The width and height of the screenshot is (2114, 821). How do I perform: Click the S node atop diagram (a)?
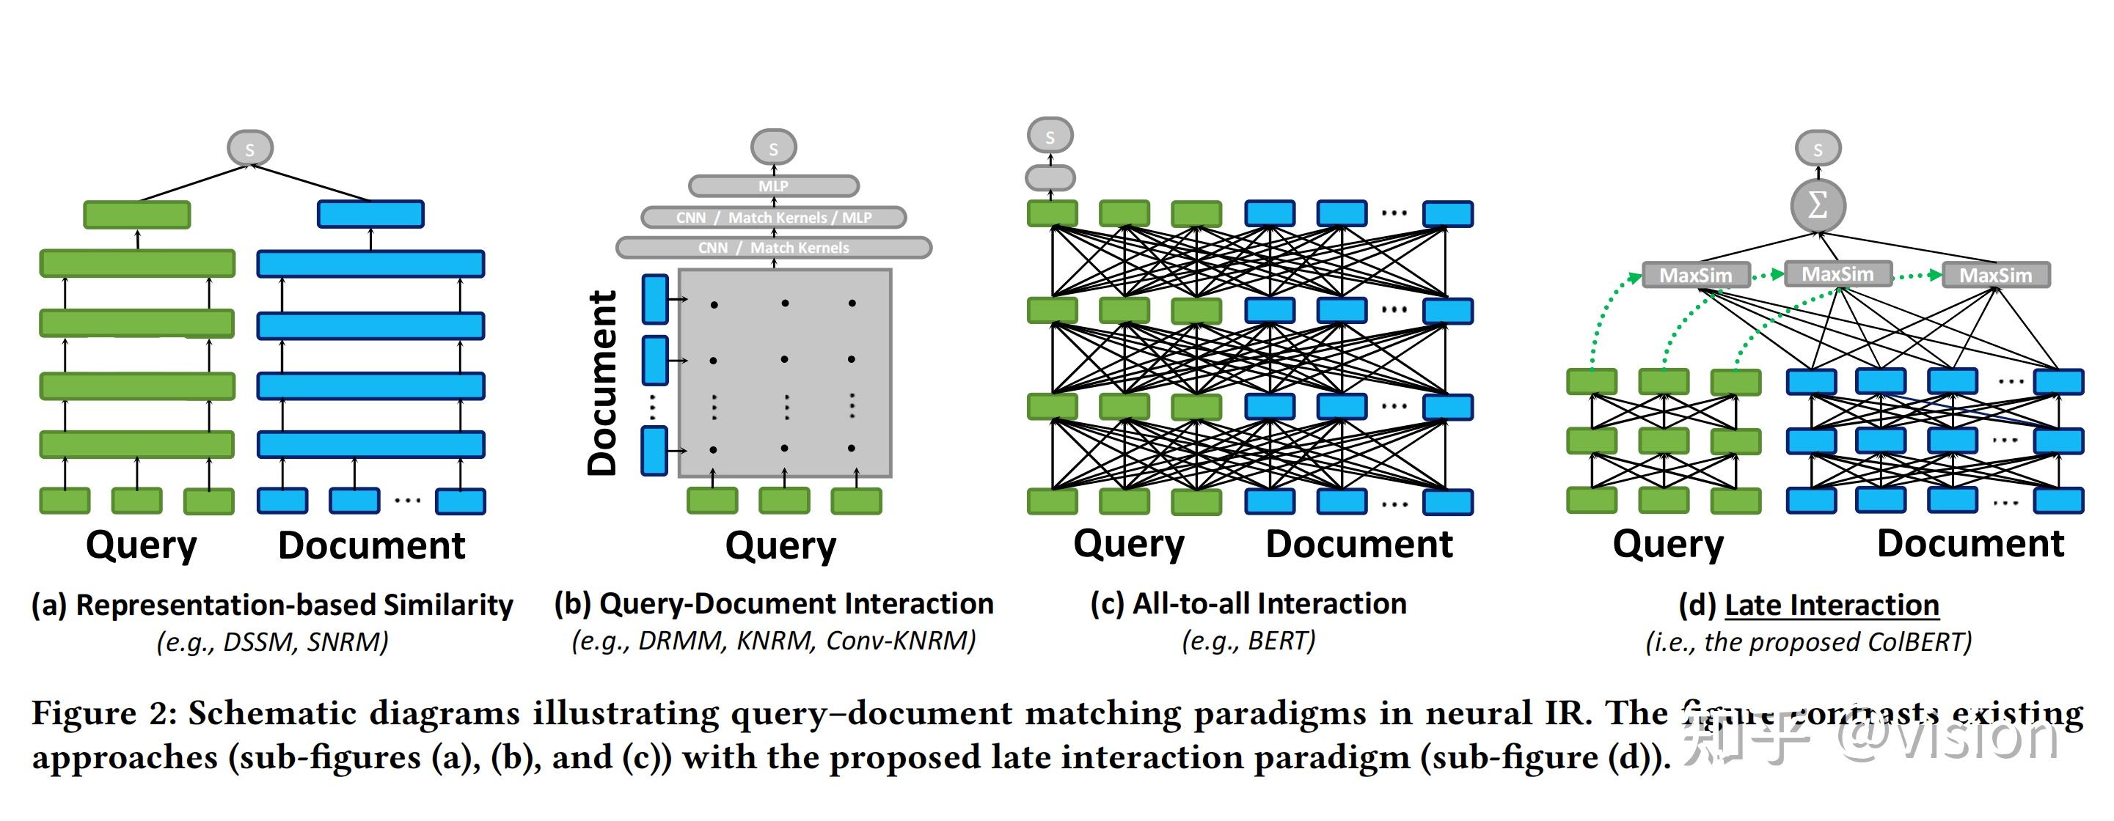pyautogui.click(x=249, y=149)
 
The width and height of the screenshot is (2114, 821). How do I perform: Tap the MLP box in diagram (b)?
pyautogui.click(x=773, y=186)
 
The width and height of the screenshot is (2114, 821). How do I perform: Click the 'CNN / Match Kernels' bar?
pyautogui.click(x=773, y=248)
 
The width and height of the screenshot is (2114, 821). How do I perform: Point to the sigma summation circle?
pyautogui.click(x=1818, y=205)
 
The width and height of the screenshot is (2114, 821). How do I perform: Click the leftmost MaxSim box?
pyautogui.click(x=1695, y=275)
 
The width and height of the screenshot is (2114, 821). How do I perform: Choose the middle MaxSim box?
pyautogui.click(x=1837, y=273)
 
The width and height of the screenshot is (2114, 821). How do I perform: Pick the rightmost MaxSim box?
pyautogui.click(x=1996, y=275)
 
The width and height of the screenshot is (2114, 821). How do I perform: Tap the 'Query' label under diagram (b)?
pyautogui.click(x=780, y=545)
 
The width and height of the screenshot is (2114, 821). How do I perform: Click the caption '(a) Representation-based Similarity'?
pyautogui.click(x=271, y=605)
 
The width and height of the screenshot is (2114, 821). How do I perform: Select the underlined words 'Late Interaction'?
pyautogui.click(x=1832, y=605)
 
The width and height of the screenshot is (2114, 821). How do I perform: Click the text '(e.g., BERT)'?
pyautogui.click(x=1248, y=641)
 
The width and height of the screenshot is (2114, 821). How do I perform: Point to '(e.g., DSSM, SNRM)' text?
pyautogui.click(x=271, y=641)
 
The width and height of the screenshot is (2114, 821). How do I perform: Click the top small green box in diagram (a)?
pyautogui.click(x=137, y=214)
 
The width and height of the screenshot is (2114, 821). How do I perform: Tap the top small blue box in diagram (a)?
pyautogui.click(x=370, y=214)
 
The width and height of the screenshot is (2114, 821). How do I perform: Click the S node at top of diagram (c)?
pyautogui.click(x=1050, y=136)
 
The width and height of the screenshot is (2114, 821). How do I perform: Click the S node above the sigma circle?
pyautogui.click(x=1818, y=150)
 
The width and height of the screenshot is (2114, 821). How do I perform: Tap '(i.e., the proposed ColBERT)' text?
pyautogui.click(x=1808, y=641)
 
